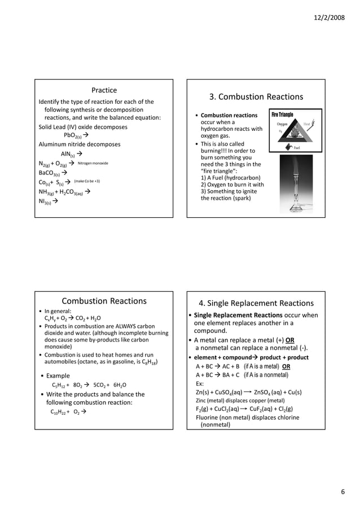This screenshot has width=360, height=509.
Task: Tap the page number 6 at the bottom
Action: (x=343, y=492)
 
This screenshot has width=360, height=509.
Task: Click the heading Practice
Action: (x=104, y=90)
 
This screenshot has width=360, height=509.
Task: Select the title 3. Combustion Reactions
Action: (x=256, y=96)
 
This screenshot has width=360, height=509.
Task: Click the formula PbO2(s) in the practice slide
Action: (x=73, y=136)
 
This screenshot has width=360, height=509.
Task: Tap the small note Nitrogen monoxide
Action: (x=93, y=163)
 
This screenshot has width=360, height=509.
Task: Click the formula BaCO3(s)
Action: (x=49, y=173)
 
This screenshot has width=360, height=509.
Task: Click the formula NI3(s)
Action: (x=46, y=201)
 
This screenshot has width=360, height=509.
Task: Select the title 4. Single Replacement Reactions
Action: (x=256, y=303)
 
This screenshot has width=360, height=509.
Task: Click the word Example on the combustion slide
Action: (x=58, y=376)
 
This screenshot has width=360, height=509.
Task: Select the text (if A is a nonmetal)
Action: (x=266, y=375)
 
